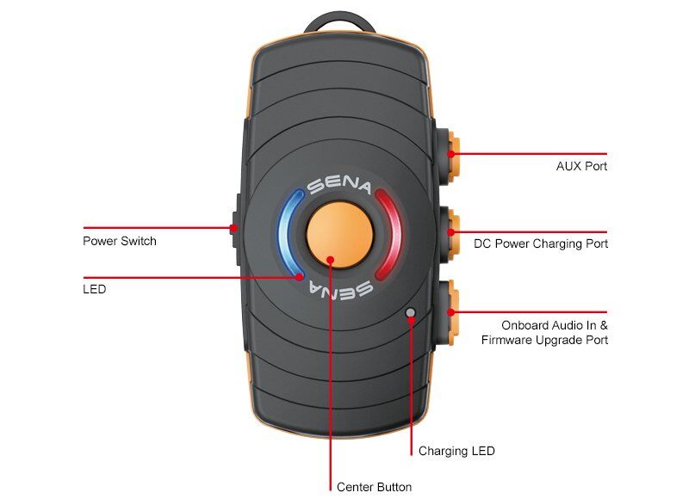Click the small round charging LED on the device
[411, 313]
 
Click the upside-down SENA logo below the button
[339, 286]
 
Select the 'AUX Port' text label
[582, 166]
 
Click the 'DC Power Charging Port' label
[541, 243]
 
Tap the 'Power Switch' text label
[120, 241]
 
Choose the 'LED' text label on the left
[95, 290]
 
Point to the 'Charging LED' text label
[456, 451]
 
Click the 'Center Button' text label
[374, 487]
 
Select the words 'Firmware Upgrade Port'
[544, 340]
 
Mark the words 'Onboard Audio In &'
[555, 325]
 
